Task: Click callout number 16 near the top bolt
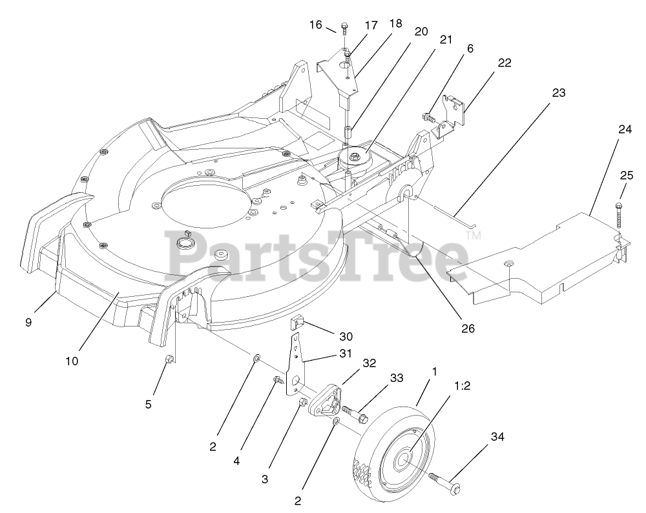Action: [x=315, y=25]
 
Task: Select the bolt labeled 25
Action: [x=620, y=214]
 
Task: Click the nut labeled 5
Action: [x=169, y=359]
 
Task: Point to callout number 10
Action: [x=72, y=361]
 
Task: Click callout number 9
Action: [x=28, y=322]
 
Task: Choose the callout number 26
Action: [x=468, y=328]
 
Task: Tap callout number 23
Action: [x=559, y=92]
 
